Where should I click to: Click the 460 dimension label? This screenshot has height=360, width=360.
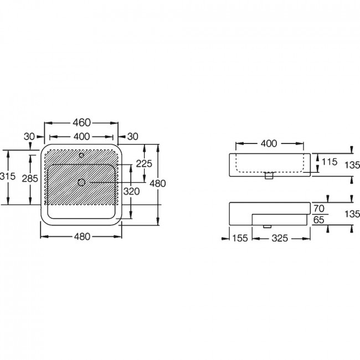click(x=82, y=123)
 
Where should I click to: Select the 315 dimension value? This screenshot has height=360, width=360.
click(x=8, y=176)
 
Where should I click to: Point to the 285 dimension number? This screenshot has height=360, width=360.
click(x=30, y=178)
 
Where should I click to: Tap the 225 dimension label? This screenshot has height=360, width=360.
click(x=144, y=164)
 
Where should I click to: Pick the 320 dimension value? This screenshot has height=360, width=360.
click(x=131, y=191)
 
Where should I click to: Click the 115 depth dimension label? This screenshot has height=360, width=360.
click(x=329, y=162)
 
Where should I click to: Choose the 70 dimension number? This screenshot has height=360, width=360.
click(x=319, y=209)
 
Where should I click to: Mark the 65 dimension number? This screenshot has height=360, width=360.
click(x=319, y=220)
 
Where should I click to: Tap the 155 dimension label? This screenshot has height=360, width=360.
click(x=240, y=238)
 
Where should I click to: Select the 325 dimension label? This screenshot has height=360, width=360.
click(x=280, y=238)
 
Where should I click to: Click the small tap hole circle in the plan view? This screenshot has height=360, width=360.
click(x=81, y=156)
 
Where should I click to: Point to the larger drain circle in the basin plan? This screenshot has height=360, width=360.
click(x=81, y=183)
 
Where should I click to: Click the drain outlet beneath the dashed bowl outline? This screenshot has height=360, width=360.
click(x=269, y=176)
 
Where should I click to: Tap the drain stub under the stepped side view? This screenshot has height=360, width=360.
click(x=268, y=227)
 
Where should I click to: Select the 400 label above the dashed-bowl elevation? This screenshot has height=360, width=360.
click(x=269, y=144)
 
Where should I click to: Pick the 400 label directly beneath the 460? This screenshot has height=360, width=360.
click(x=82, y=137)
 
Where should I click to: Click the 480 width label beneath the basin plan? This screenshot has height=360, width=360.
click(x=82, y=236)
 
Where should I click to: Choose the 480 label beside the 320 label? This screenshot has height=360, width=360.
click(x=157, y=183)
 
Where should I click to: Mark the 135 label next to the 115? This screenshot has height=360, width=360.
click(x=352, y=165)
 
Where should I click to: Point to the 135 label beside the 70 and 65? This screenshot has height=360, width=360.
click(x=352, y=214)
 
